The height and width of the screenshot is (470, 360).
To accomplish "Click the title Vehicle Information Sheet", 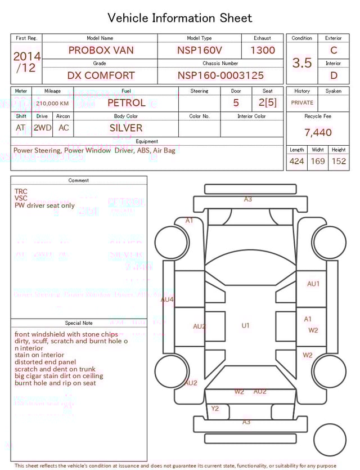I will click(x=180, y=18).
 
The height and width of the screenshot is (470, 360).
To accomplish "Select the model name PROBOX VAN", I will click(x=101, y=50).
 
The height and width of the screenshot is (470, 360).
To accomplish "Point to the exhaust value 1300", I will click(x=263, y=50).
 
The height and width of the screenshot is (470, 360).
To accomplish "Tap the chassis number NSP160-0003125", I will click(x=220, y=75).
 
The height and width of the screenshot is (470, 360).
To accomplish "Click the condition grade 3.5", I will click(x=302, y=63).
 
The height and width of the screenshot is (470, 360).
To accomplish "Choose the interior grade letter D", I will click(x=334, y=75).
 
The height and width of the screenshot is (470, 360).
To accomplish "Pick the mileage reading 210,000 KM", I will click(x=52, y=104).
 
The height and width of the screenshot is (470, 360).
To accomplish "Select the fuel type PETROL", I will click(x=126, y=103).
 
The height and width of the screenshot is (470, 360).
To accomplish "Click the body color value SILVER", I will click(x=126, y=128).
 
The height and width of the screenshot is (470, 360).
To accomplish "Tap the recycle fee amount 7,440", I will click(x=318, y=133).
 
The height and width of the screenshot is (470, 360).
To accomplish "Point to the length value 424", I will click(x=296, y=162).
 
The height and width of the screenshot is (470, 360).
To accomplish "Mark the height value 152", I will click(x=339, y=162).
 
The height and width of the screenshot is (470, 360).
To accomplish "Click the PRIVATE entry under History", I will click(x=302, y=103).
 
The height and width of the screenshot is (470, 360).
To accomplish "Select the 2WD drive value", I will click(x=42, y=128).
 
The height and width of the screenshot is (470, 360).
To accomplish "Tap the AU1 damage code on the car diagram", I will click(x=313, y=284).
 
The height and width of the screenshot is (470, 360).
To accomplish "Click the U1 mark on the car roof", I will click(x=245, y=325).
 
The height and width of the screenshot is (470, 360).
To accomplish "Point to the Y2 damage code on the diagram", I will click(x=215, y=409).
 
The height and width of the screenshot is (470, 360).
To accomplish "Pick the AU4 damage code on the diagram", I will click(x=168, y=299).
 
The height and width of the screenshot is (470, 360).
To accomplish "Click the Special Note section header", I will click(x=79, y=323).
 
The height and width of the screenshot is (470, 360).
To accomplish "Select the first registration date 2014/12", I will click(x=26, y=62).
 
